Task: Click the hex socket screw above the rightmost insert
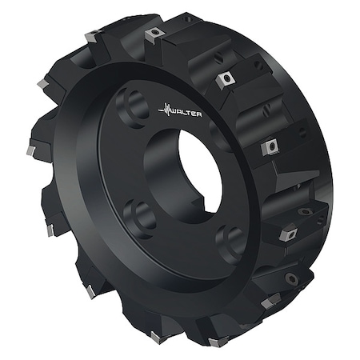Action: point(306,212)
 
